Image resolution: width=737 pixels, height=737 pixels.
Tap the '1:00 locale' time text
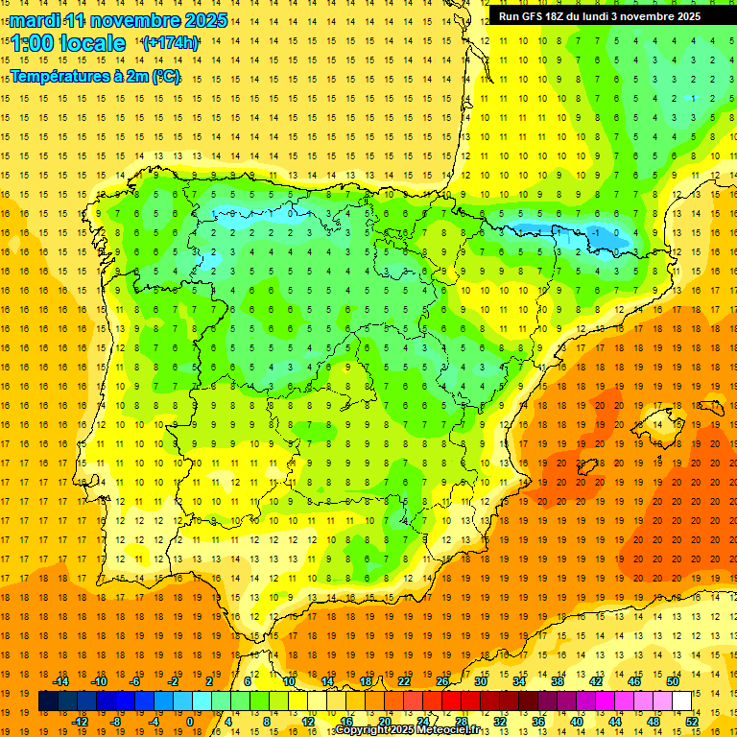(68, 43)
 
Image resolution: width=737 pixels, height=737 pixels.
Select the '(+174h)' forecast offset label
(171, 43)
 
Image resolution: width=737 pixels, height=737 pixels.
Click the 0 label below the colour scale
(190, 722)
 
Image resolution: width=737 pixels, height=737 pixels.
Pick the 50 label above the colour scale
(672, 681)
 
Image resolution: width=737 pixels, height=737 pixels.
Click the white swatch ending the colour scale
(682, 701)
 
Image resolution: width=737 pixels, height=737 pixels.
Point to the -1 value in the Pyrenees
(596, 232)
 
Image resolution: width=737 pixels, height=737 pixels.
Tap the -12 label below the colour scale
(80, 722)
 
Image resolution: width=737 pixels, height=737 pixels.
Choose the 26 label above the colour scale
(441, 681)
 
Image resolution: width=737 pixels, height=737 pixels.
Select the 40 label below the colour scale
(577, 722)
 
